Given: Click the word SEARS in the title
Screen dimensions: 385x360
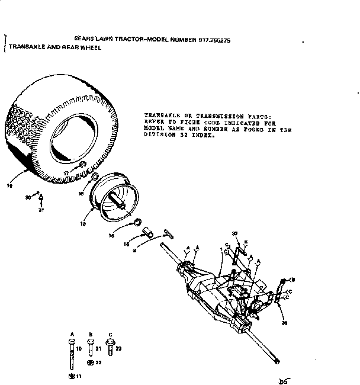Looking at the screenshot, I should click(x=82, y=36).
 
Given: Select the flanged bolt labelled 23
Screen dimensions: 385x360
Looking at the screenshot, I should click(x=110, y=343).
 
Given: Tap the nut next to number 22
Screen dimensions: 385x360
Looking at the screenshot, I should click(x=90, y=362).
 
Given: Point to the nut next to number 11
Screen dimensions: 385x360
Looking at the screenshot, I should click(x=72, y=376).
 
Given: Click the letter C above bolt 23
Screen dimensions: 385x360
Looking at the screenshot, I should click(x=110, y=335).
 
